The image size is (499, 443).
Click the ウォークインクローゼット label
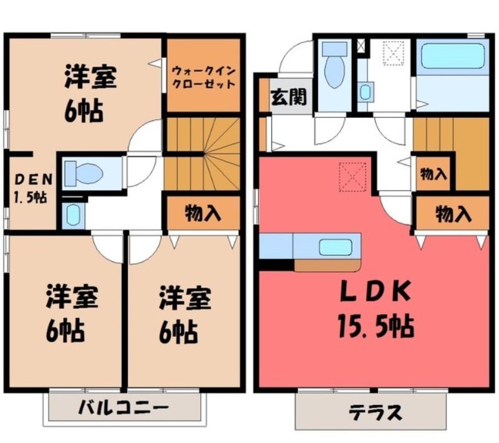pyautogui.click(x=204, y=77)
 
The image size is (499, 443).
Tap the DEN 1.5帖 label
pyautogui.click(x=32, y=188)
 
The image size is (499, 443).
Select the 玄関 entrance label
pyautogui.click(x=289, y=97)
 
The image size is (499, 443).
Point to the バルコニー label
pyautogui.click(x=123, y=407)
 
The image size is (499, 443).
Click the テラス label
pyautogui.click(x=375, y=413)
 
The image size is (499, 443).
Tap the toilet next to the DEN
pyautogui.click(x=84, y=173)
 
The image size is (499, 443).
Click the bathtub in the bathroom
pyautogui.click(x=453, y=56)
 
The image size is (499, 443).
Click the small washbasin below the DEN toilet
pyautogui.click(x=73, y=215)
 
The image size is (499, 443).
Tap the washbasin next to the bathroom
pyautogui.click(x=365, y=92)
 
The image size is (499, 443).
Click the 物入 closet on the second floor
pyautogui.click(x=203, y=213)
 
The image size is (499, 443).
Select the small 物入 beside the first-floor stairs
pyautogui.click(x=434, y=173)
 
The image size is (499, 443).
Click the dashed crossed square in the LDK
pyautogui.click(x=352, y=177)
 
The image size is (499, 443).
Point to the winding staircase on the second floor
pyautogui.click(x=202, y=154)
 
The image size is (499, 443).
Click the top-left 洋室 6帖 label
pyautogui.click(x=90, y=94)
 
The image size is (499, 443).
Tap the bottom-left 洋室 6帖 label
pyautogui.click(x=72, y=314)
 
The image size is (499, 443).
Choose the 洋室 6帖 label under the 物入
pyautogui.click(x=185, y=315)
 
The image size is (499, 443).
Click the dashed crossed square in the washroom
pyautogui.click(x=394, y=53)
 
